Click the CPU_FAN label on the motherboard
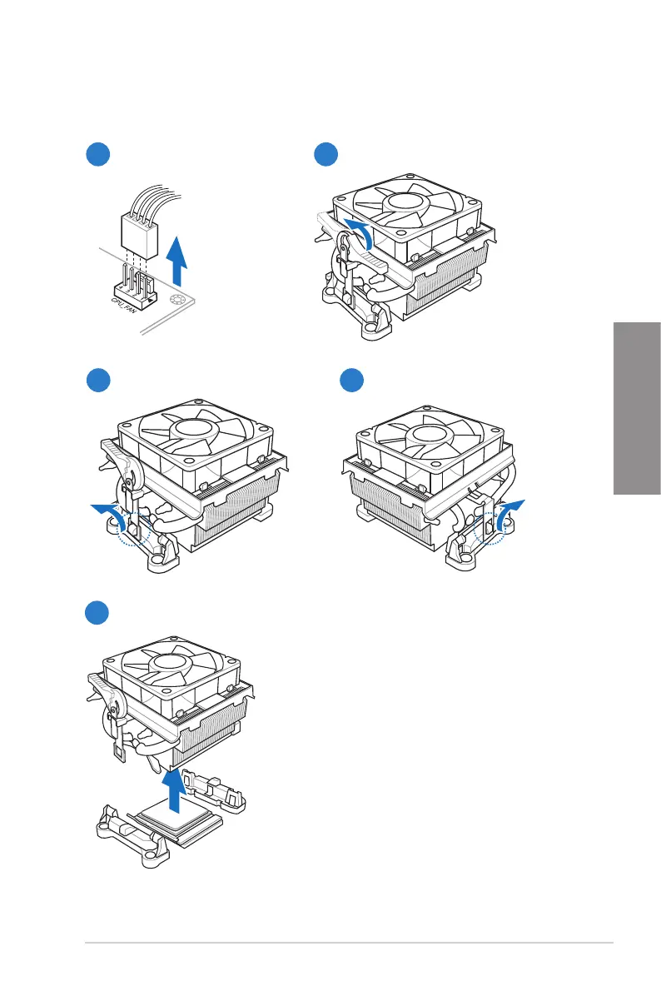(128, 301)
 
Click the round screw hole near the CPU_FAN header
(177, 301)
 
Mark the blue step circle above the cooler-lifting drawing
(98, 614)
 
